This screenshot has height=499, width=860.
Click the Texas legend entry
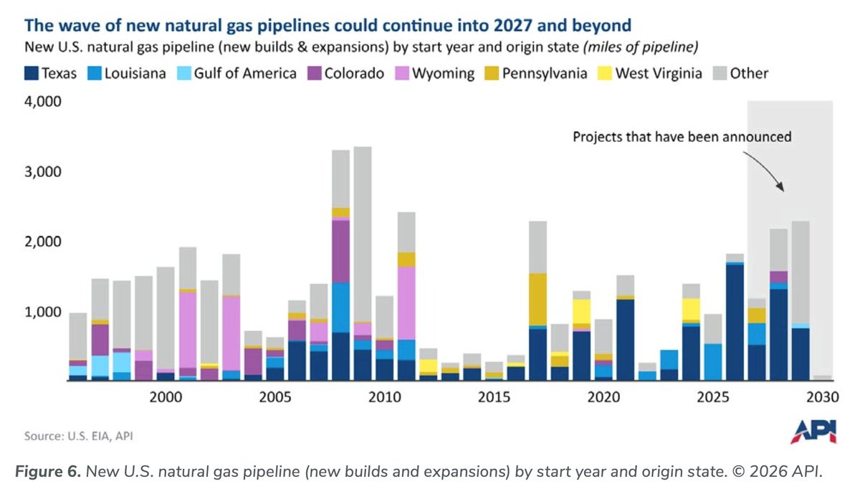51,73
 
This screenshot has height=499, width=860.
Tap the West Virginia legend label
659,73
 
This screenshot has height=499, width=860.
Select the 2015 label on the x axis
494,397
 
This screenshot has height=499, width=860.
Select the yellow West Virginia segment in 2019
581,311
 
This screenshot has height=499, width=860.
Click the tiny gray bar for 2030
823,378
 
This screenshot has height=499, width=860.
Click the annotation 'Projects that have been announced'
682,136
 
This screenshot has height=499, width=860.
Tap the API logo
810,432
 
